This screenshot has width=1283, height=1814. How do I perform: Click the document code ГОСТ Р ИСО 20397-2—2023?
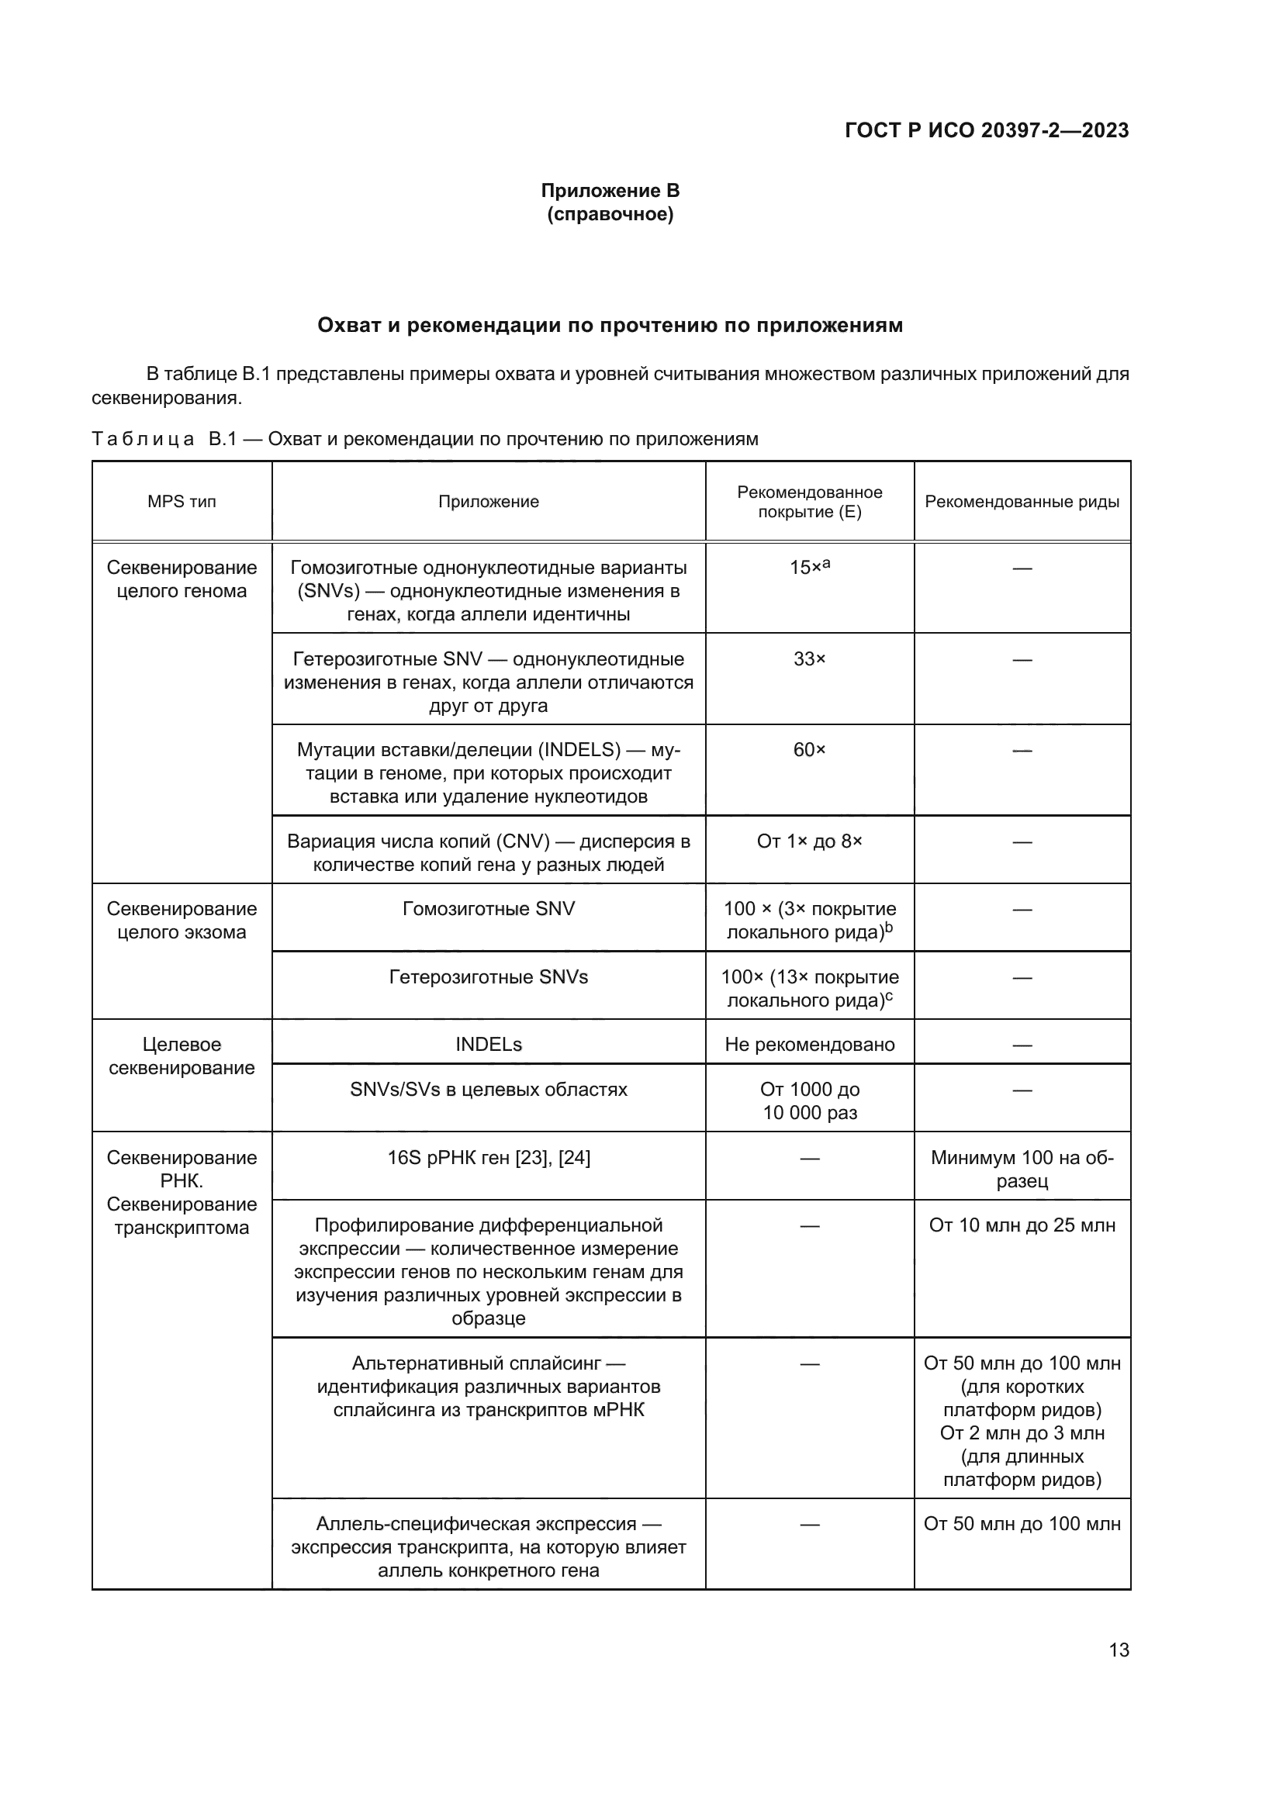tap(986, 130)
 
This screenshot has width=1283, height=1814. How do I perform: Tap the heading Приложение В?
tap(610, 191)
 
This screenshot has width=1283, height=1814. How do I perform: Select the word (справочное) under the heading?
tap(610, 214)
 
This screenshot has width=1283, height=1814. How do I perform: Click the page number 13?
tap(1119, 1650)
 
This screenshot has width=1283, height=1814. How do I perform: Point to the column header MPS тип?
tap(182, 502)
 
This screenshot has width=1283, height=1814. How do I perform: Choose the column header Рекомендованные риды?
tap(1022, 502)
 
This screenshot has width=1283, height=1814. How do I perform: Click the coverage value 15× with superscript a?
tap(809, 567)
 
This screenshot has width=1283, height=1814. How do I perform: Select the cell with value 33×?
tap(809, 659)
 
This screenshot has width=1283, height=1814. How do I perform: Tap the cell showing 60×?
tap(809, 750)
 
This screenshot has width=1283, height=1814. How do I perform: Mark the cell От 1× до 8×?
tap(809, 841)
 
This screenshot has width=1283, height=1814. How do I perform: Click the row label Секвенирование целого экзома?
tap(182, 921)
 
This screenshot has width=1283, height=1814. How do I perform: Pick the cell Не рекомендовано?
tap(809, 1045)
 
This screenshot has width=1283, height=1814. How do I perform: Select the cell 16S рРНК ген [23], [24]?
tap(488, 1157)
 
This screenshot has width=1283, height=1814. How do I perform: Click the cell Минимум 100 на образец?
tap(1022, 1170)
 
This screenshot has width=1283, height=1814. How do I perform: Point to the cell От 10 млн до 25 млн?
tap(1022, 1225)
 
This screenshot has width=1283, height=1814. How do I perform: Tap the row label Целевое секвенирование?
tap(182, 1056)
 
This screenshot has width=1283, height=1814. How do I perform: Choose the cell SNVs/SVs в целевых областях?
tap(488, 1090)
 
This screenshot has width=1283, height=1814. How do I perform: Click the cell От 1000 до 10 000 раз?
tap(809, 1101)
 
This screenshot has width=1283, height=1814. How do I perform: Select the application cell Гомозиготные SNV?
tap(488, 909)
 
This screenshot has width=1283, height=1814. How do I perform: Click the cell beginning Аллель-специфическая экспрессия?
tap(488, 1547)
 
